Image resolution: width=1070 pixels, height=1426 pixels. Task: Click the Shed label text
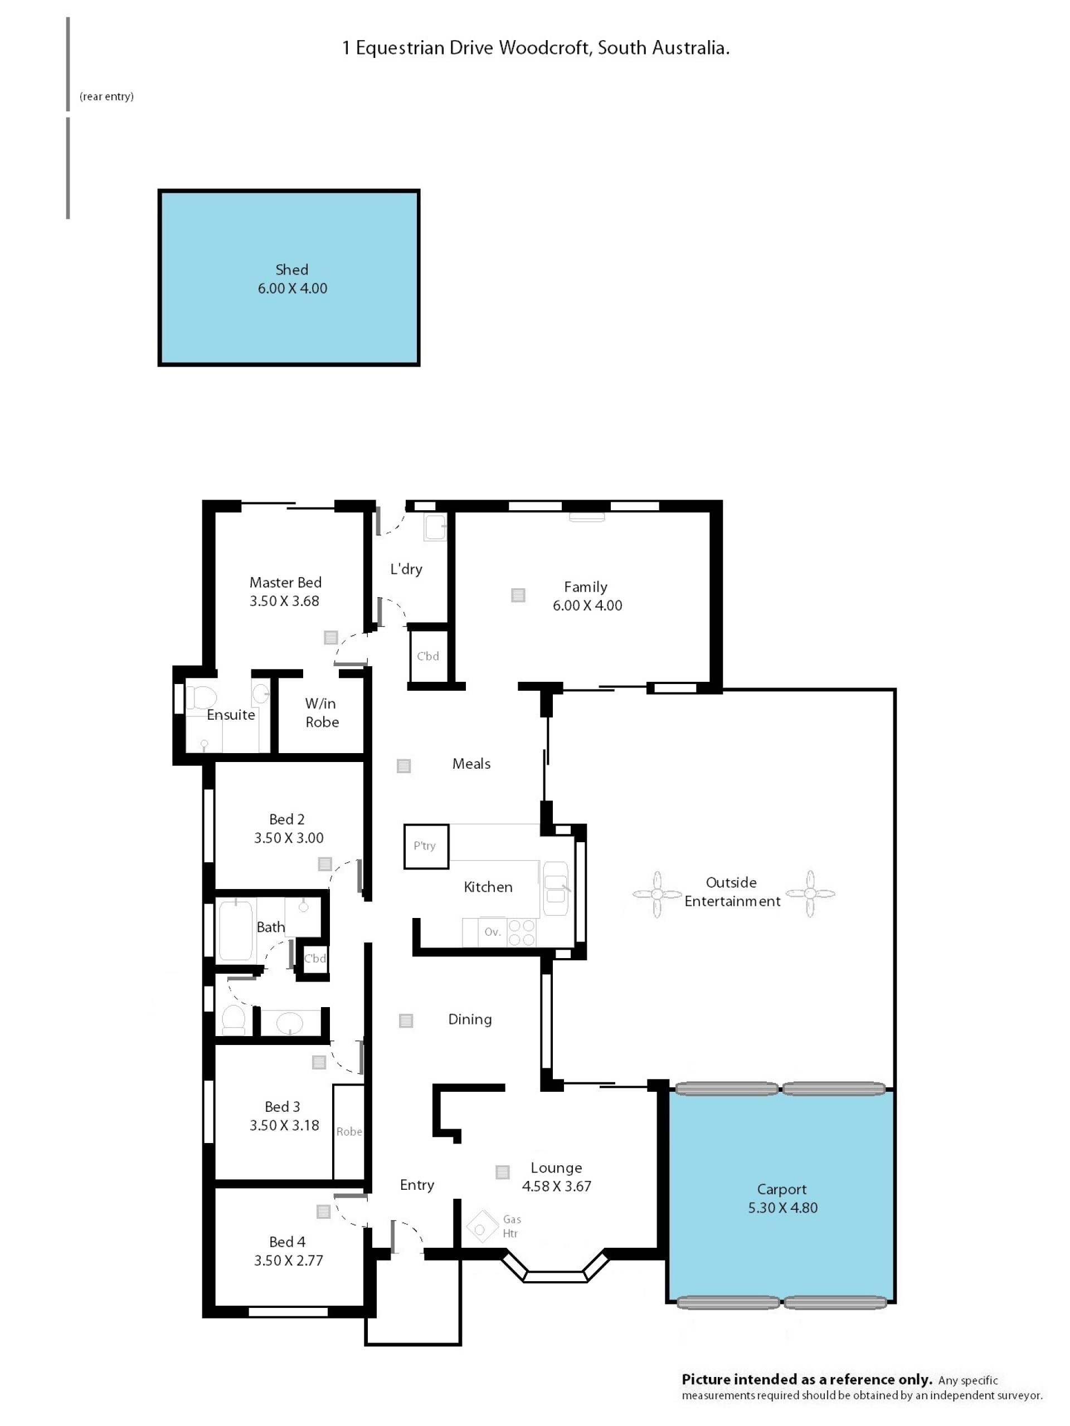[291, 270]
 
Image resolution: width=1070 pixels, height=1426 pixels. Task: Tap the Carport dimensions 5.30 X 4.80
[782, 1208]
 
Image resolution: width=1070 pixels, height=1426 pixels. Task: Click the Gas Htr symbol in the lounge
[480, 1229]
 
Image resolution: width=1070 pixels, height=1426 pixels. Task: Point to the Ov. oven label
[492, 931]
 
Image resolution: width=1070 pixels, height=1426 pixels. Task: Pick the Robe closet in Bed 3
[348, 1131]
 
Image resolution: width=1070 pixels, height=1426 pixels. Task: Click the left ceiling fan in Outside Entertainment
[656, 894]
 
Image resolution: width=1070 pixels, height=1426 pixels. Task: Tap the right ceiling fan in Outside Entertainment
[810, 893]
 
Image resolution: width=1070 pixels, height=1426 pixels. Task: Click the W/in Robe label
[321, 712]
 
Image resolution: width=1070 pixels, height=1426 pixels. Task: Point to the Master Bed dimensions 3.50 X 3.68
[284, 601]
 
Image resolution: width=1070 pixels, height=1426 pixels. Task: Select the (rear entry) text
[106, 97]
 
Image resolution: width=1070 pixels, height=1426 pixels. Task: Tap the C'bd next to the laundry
[427, 656]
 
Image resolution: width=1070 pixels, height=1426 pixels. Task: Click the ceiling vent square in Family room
[518, 595]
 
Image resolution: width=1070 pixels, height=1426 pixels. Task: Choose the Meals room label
[471, 764]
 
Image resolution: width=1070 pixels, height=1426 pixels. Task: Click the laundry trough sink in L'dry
[435, 527]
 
